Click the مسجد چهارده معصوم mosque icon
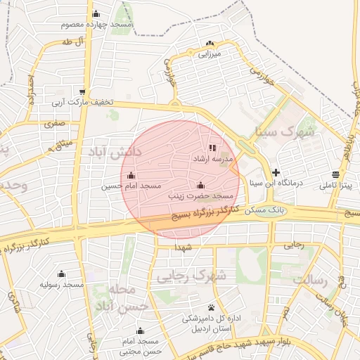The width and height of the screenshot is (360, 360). pos(96,14)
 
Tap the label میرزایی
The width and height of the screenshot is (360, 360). pos(210,53)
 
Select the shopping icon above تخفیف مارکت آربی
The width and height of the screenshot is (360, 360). pos(84,92)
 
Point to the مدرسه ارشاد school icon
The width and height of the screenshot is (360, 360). pos(213,148)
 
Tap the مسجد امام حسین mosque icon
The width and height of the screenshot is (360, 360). pos(131,176)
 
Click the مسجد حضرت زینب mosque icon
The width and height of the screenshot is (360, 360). pos(201,186)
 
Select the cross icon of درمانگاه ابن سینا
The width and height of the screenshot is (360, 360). pos(276,172)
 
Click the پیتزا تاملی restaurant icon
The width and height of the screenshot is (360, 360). pos(335,175)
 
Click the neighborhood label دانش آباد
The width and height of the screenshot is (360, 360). pos(116,151)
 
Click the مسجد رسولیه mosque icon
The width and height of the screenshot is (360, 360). pos(61,274)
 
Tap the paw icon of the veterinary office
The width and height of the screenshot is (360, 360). pos(212,307)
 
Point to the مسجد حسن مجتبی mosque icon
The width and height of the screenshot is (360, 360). pos(139,331)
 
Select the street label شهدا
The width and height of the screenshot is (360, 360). pos(185,248)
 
